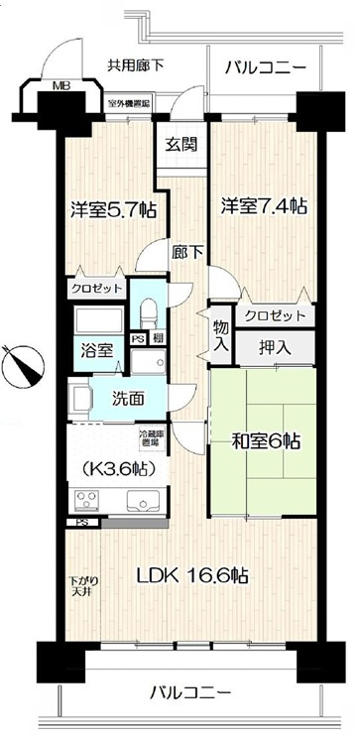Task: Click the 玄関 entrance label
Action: coord(180,143)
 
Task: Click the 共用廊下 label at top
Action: coord(136,65)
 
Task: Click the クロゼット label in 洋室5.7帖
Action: coord(96,288)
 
